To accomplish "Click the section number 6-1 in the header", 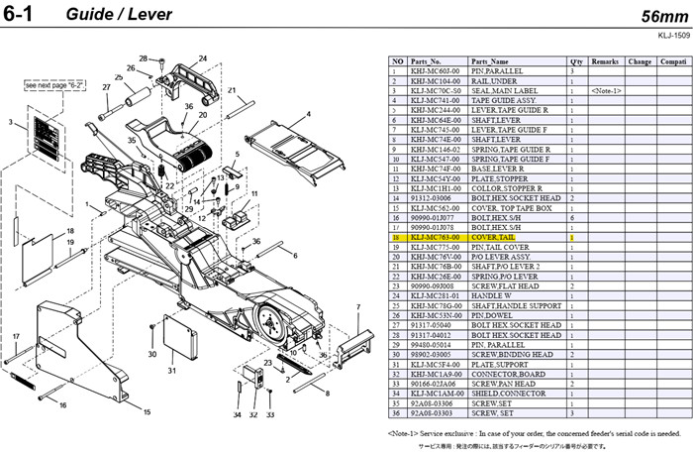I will tap(24, 17).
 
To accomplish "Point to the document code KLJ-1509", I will tap(670, 35).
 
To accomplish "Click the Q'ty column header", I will tap(575, 61).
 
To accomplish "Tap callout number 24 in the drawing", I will tap(202, 58).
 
